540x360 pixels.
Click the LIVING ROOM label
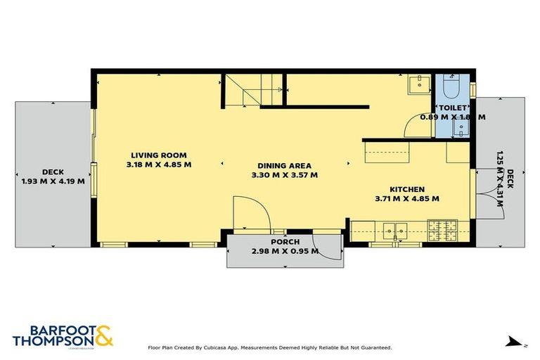158,155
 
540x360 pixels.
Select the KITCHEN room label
406,189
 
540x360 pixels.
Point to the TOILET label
450,108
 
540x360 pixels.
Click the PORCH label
285,242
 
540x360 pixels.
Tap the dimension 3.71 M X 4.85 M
406,198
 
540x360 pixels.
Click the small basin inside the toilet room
461,128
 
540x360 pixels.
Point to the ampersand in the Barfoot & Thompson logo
103,335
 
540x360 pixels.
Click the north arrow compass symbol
516,342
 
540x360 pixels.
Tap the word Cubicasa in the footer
219,347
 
